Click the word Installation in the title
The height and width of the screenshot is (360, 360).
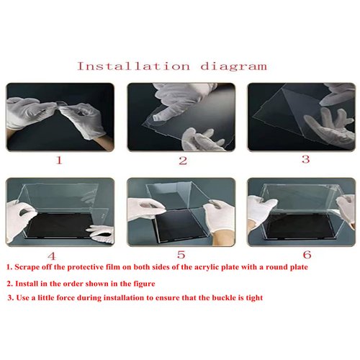pyautogui.click(x=134, y=66)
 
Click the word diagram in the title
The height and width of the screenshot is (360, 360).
pyautogui.click(x=233, y=66)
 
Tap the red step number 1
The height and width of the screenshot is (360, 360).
pyautogui.click(x=59, y=160)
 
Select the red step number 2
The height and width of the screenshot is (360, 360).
pyautogui.click(x=183, y=161)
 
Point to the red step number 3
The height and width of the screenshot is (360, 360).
pyautogui.click(x=305, y=159)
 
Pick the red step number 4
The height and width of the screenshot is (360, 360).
pyautogui.click(x=52, y=256)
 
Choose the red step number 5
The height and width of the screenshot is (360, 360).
pyautogui.click(x=181, y=255)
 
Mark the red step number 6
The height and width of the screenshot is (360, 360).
pyautogui.click(x=307, y=255)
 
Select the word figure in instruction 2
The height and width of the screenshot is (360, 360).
pyautogui.click(x=144, y=284)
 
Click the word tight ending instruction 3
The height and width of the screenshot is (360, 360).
pyautogui.click(x=254, y=298)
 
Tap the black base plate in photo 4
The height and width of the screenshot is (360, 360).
pyautogui.click(x=60, y=225)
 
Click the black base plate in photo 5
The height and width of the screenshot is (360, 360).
pyautogui.click(x=179, y=225)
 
